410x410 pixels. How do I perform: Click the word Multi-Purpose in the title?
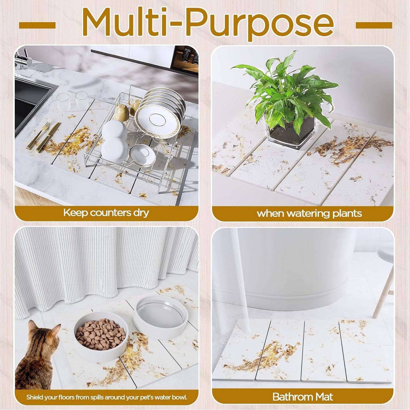click(x=208, y=23)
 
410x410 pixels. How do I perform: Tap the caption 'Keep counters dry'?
click(x=106, y=213)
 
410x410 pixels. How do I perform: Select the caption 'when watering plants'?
click(x=309, y=213)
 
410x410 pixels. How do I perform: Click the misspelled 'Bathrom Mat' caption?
click(x=302, y=396)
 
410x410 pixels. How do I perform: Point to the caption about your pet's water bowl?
click(x=106, y=397)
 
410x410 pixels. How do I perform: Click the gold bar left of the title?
click(x=37, y=26)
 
